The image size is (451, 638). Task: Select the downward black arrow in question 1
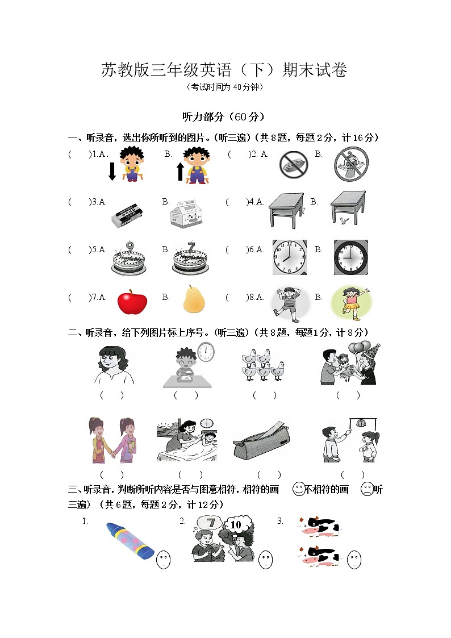[112, 171]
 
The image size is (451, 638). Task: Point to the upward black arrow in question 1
[181, 171]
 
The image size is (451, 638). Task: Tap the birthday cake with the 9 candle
[128, 259]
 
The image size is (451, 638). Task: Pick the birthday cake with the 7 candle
[190, 259]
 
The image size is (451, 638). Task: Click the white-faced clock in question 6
[289, 257]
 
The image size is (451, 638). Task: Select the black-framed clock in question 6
[350, 257]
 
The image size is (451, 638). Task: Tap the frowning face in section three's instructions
[368, 490]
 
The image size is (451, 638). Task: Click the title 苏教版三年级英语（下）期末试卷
[224, 70]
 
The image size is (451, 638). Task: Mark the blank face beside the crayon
[163, 560]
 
